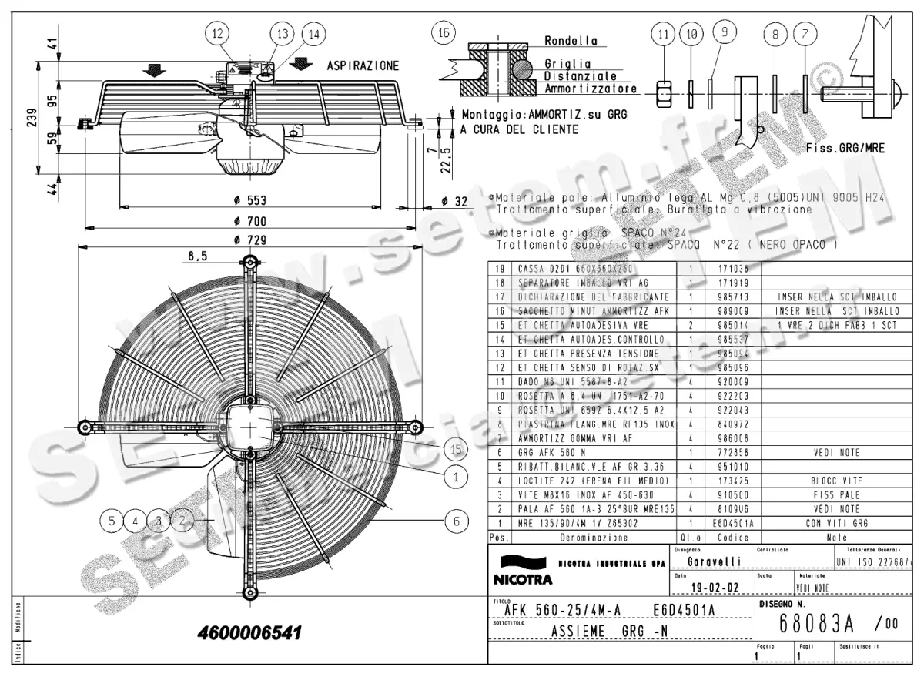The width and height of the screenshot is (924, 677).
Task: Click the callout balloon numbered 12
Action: (x=218, y=34)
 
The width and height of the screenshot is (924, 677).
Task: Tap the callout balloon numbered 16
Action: (x=443, y=34)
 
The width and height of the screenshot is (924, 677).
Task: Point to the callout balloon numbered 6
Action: (x=457, y=521)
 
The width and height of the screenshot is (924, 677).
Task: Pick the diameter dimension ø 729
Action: (x=249, y=240)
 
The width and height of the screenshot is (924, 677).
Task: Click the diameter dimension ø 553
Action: (x=249, y=200)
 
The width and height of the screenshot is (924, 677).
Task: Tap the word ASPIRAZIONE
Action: (x=363, y=65)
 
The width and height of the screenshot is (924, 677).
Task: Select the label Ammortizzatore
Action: (x=591, y=89)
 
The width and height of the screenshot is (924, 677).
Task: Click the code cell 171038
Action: (x=734, y=269)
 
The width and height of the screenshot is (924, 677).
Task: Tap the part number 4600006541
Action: (x=249, y=632)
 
